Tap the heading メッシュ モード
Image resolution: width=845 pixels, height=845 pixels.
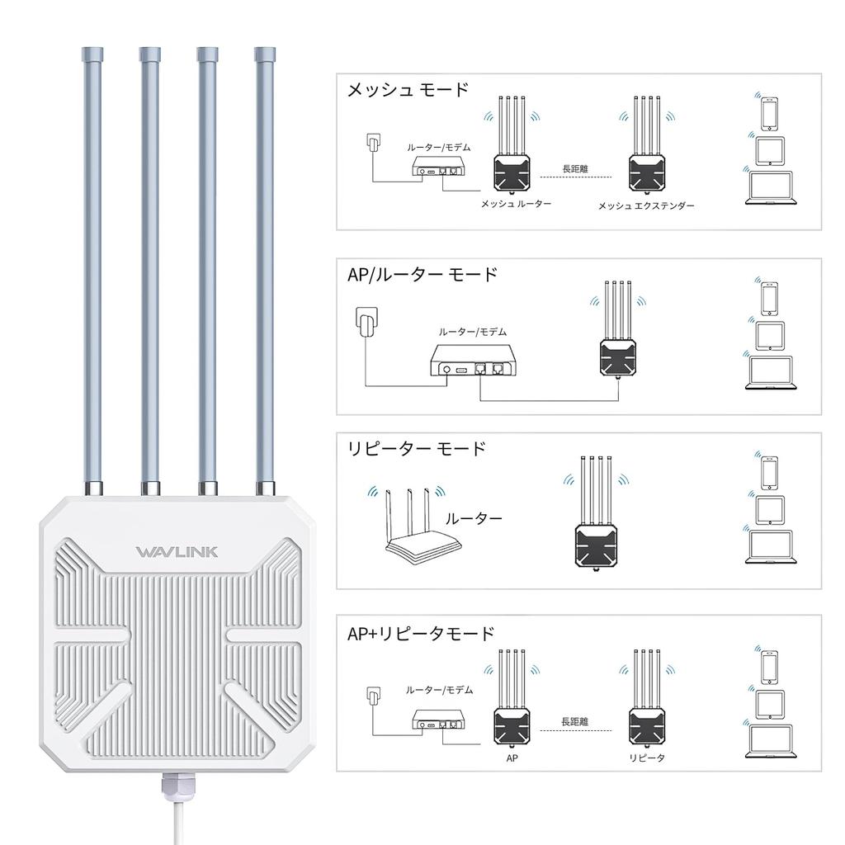408,89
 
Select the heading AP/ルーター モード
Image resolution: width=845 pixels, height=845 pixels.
422,274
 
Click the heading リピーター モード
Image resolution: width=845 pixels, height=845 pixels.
417,449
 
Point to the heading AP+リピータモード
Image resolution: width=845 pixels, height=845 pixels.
421,634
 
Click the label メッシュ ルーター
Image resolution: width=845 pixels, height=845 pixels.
517,203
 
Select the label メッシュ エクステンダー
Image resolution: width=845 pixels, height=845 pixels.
646,205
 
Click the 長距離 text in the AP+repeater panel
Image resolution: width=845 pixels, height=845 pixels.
575,721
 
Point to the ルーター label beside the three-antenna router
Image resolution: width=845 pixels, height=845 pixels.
474,519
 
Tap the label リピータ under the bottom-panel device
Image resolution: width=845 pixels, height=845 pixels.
646,758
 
